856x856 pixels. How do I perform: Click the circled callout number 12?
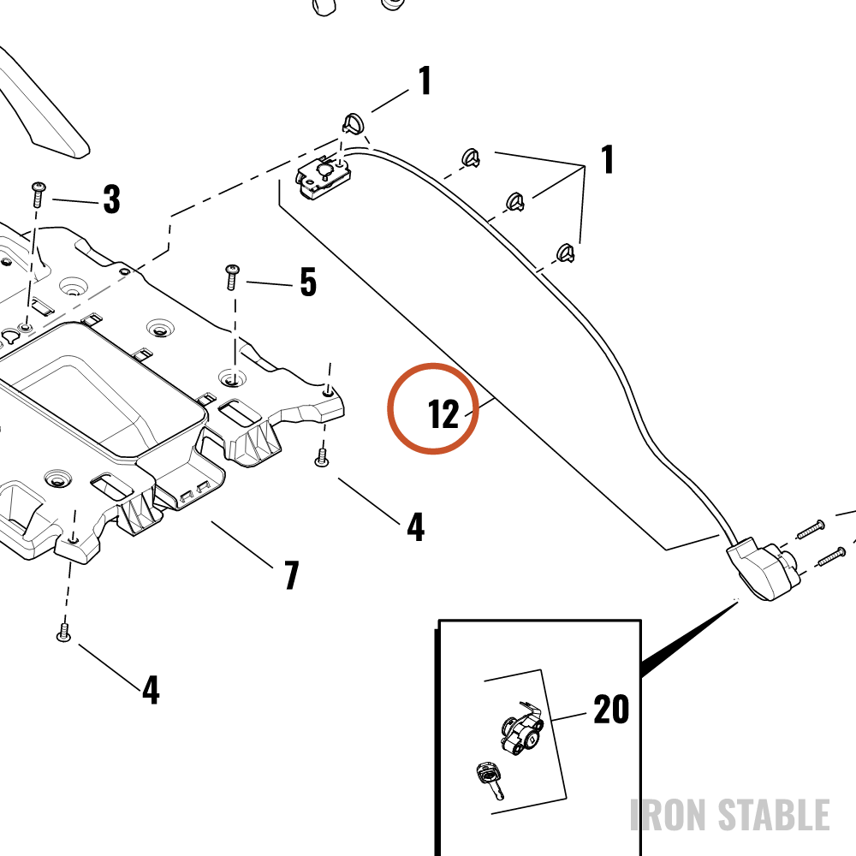443,414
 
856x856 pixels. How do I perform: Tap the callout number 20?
611,709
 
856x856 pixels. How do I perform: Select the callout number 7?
292,575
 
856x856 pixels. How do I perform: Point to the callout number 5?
308,282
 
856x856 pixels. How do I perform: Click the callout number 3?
112,199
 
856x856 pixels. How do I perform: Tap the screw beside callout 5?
232,277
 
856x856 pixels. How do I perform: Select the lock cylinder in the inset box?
521,728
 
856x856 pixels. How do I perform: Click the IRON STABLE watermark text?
730,815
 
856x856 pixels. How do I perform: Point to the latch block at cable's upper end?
324,175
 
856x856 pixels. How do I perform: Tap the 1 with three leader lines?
608,159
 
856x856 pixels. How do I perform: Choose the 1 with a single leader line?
425,80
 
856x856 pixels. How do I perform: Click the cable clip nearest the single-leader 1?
354,124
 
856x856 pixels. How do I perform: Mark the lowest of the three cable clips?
566,253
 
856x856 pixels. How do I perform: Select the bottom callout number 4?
151,689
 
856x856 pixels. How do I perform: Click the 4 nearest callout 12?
415,526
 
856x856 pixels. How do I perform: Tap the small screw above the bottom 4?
64,633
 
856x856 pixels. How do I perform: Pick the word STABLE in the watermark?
774,815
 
